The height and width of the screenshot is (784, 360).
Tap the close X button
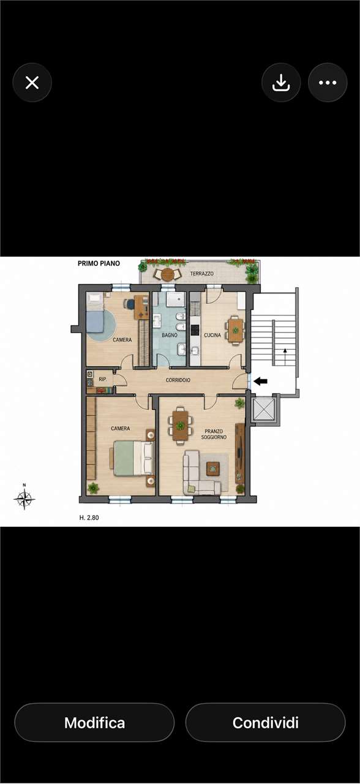[32, 83]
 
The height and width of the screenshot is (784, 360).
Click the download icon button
[281, 83]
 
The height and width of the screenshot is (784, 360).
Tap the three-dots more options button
[328, 83]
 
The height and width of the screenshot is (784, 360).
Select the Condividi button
[266, 722]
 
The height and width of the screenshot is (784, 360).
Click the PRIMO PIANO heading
[99, 263]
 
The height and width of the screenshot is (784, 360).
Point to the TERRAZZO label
[202, 273]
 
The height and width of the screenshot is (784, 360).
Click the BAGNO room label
[170, 335]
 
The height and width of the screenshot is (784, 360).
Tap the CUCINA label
[212, 335]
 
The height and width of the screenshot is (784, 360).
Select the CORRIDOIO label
[178, 380]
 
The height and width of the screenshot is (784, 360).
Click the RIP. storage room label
[103, 379]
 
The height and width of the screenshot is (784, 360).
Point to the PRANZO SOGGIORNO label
[214, 434]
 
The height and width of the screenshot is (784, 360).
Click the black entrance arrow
[260, 381]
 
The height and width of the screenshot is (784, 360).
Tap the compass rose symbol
[24, 498]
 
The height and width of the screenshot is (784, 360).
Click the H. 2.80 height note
[89, 518]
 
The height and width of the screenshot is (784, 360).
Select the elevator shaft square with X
[263, 408]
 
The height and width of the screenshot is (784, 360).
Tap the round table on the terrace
[168, 274]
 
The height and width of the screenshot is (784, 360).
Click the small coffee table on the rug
[212, 469]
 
